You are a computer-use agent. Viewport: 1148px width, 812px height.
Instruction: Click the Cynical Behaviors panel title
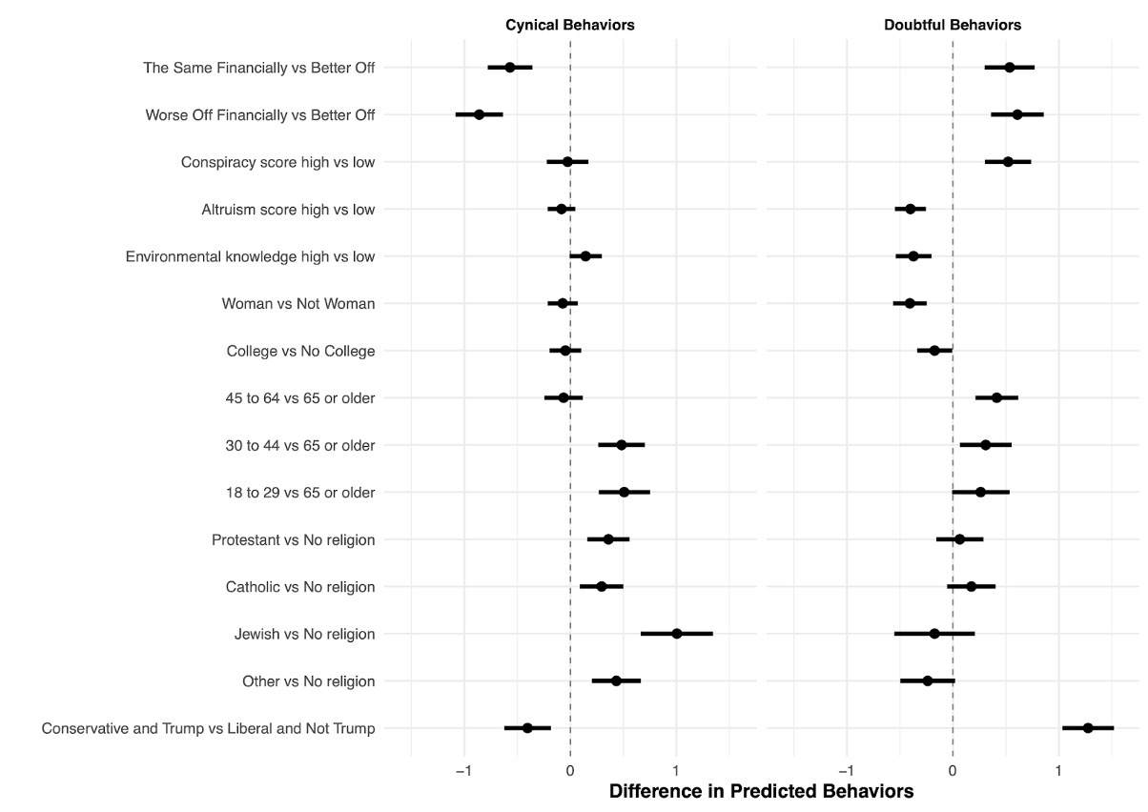tap(569, 26)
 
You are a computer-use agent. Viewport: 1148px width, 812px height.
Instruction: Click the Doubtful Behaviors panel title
tap(953, 26)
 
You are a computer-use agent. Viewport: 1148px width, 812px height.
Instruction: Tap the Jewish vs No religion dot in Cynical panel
tap(677, 634)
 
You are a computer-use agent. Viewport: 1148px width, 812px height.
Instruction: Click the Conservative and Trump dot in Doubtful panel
tap(1088, 728)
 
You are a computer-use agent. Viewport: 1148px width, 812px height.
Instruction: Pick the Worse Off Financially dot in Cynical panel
tap(479, 114)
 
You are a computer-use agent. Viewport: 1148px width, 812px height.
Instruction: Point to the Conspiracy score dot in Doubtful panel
tap(1008, 162)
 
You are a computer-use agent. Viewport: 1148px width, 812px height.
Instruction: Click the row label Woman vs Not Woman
tap(297, 304)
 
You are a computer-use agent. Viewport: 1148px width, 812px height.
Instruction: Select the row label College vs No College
tap(300, 352)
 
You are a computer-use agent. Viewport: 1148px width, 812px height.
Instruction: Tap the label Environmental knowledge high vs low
tap(250, 256)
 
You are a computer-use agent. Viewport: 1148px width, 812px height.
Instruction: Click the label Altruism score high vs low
tap(288, 210)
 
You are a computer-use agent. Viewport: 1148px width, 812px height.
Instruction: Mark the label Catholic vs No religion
tap(299, 587)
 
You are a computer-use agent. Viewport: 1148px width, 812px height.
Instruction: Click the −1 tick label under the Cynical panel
tap(463, 768)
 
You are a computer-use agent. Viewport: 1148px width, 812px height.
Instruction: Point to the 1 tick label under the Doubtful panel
tap(1058, 768)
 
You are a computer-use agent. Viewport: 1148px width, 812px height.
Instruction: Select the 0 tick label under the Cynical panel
tap(570, 768)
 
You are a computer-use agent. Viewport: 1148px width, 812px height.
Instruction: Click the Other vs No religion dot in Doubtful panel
tap(928, 681)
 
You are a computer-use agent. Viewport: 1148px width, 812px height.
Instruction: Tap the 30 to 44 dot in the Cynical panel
tap(622, 445)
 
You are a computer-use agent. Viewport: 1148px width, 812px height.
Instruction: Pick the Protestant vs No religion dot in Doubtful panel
tap(959, 539)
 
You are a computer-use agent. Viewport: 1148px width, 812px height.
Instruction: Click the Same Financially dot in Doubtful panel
tap(1010, 68)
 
